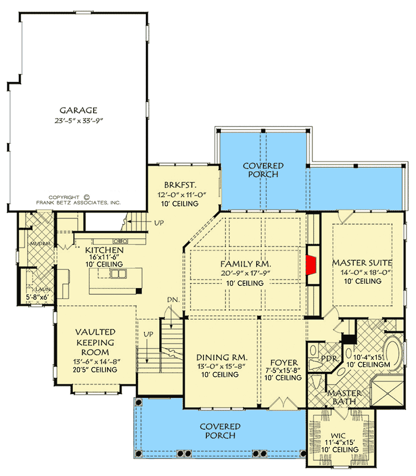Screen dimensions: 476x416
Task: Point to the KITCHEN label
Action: tap(104, 250)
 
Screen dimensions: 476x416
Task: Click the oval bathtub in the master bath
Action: tap(394, 352)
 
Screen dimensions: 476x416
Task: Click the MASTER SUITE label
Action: tap(362, 262)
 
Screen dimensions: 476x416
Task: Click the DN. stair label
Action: tap(173, 300)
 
